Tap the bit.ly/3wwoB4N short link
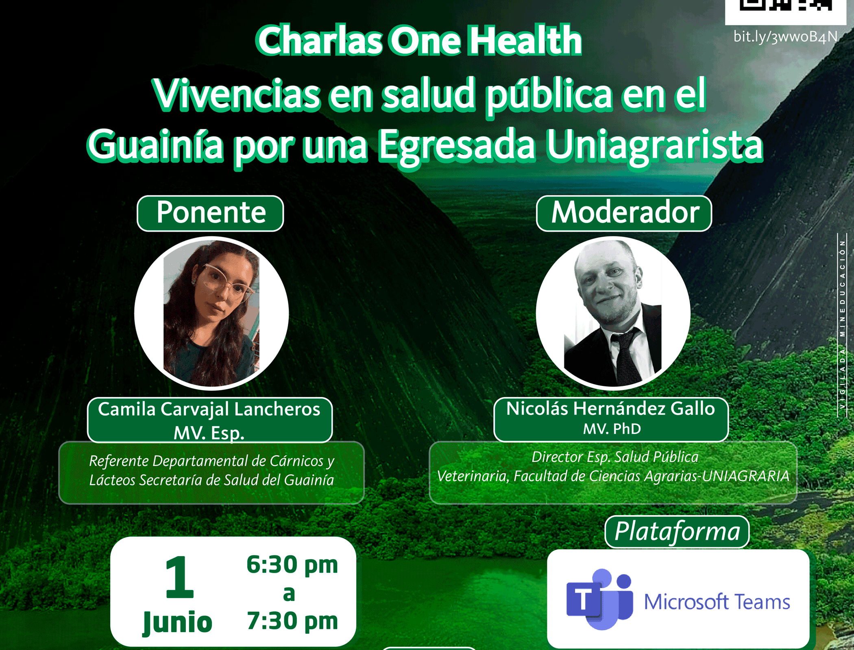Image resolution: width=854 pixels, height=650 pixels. point(785,37)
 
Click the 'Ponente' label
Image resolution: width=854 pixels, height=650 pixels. point(211,212)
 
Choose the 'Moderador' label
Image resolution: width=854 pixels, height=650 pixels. point(625,212)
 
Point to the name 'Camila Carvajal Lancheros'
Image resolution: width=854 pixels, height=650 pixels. point(209,409)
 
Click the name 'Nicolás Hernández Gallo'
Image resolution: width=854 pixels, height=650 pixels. point(610,408)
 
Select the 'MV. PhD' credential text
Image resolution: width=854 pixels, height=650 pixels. point(612,429)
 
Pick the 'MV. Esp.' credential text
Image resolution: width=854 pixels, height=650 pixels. point(209,433)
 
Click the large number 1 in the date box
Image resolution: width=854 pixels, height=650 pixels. point(179,577)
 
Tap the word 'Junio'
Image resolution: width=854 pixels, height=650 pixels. point(178,622)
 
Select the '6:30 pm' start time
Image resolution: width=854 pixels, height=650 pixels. point(292,565)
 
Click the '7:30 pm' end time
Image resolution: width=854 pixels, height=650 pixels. point(292,621)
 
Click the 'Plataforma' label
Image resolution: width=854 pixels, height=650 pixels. point(677,532)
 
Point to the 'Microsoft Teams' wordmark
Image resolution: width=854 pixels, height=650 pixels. point(717,602)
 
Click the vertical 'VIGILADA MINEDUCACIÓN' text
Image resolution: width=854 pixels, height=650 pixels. point(842,325)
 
